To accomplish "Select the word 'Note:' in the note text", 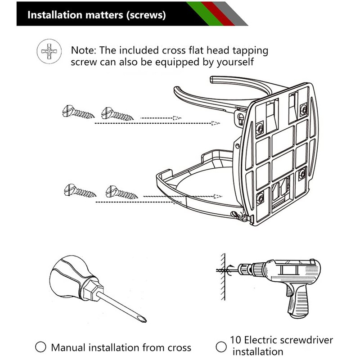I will (84, 50).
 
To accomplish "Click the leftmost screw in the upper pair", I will (78, 111).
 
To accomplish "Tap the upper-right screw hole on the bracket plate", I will (303, 108).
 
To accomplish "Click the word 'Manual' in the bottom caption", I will (69, 347).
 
